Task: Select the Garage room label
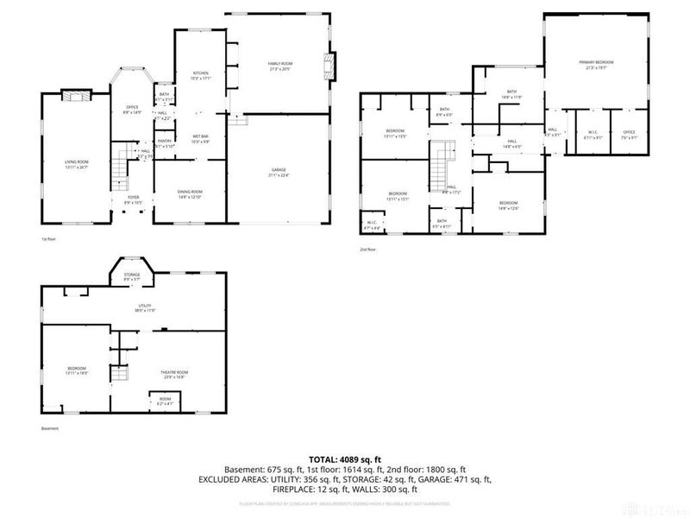tap(279, 174)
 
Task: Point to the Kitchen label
tap(200, 76)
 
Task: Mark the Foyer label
tap(134, 199)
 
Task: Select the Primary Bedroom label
tap(596, 65)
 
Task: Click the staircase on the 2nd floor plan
tap(444, 160)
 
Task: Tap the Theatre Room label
tap(175, 374)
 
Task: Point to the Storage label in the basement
tap(131, 276)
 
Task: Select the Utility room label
tap(133, 307)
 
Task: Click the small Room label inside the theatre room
tap(165, 401)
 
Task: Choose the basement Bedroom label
tap(77, 370)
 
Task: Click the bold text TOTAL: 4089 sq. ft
tap(344, 459)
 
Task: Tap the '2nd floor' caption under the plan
tap(369, 250)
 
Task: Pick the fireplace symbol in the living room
tap(78, 97)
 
